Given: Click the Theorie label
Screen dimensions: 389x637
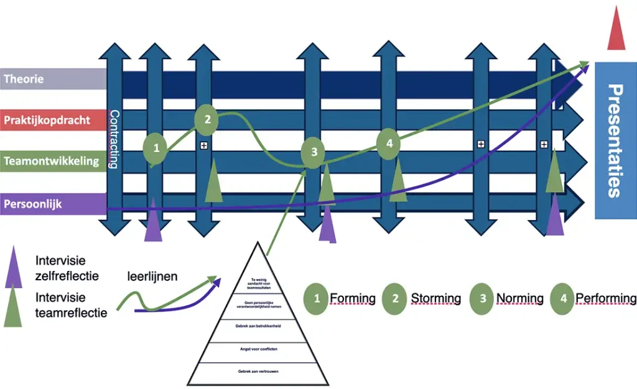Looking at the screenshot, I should (x=25, y=79).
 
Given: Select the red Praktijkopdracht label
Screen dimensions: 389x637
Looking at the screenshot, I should (x=47, y=119).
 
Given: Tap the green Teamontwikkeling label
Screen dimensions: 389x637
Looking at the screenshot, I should (x=51, y=162).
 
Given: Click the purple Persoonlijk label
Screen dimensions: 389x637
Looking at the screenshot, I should (x=34, y=204).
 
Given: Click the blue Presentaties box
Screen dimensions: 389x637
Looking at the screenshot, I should (x=615, y=140).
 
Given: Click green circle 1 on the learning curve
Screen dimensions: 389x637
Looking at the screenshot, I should (x=156, y=148).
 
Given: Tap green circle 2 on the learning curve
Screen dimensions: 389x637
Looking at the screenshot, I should (x=208, y=119).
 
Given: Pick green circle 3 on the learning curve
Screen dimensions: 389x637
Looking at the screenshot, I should (x=314, y=152).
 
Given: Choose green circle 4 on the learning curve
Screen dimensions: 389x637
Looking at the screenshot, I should (x=389, y=144).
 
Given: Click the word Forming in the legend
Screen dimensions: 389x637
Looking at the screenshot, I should (x=352, y=298).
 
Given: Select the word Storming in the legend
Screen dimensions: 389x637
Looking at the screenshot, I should (x=435, y=298).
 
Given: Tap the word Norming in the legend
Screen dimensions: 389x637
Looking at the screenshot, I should (x=519, y=298).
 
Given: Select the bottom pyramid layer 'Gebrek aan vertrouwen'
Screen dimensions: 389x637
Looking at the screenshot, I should (x=257, y=372).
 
